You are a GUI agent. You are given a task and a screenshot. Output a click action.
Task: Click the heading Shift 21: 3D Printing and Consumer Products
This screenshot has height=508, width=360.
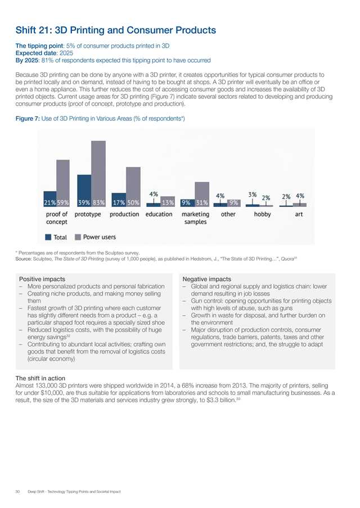tap(115, 29)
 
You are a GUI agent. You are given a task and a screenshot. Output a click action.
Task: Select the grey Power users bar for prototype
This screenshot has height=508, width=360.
tap(98, 171)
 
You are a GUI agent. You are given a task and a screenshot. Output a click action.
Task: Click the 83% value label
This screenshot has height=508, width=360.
tap(98, 202)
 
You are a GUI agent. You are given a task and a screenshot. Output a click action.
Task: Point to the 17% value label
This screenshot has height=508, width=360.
tap(119, 202)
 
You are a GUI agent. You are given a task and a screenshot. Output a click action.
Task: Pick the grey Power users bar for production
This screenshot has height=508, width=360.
tap(133, 185)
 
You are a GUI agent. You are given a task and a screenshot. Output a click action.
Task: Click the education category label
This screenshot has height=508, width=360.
tap(159, 214)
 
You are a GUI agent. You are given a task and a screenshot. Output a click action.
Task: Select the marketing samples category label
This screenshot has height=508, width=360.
tap(195, 218)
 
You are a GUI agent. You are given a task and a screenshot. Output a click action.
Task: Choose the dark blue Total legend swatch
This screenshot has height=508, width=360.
tap(49, 237)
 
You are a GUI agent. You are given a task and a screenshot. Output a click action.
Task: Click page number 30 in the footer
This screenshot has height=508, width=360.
tap(19, 492)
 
